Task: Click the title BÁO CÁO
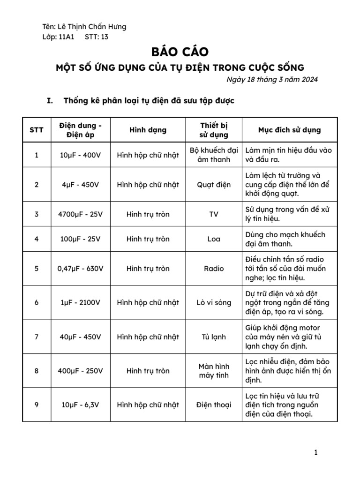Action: click(x=180, y=52)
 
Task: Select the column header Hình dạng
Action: click(x=148, y=130)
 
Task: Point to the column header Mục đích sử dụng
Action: click(x=289, y=130)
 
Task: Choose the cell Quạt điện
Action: click(x=214, y=185)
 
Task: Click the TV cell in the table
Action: click(x=214, y=214)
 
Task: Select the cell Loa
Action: click(x=214, y=239)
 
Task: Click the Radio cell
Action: click(x=214, y=269)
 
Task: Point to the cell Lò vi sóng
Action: click(x=214, y=303)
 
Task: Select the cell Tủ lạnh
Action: click(x=214, y=337)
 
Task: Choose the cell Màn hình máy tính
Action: click(x=214, y=371)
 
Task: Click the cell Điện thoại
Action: click(x=214, y=405)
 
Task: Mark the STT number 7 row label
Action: click(x=37, y=337)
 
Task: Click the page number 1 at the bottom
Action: click(x=316, y=452)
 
